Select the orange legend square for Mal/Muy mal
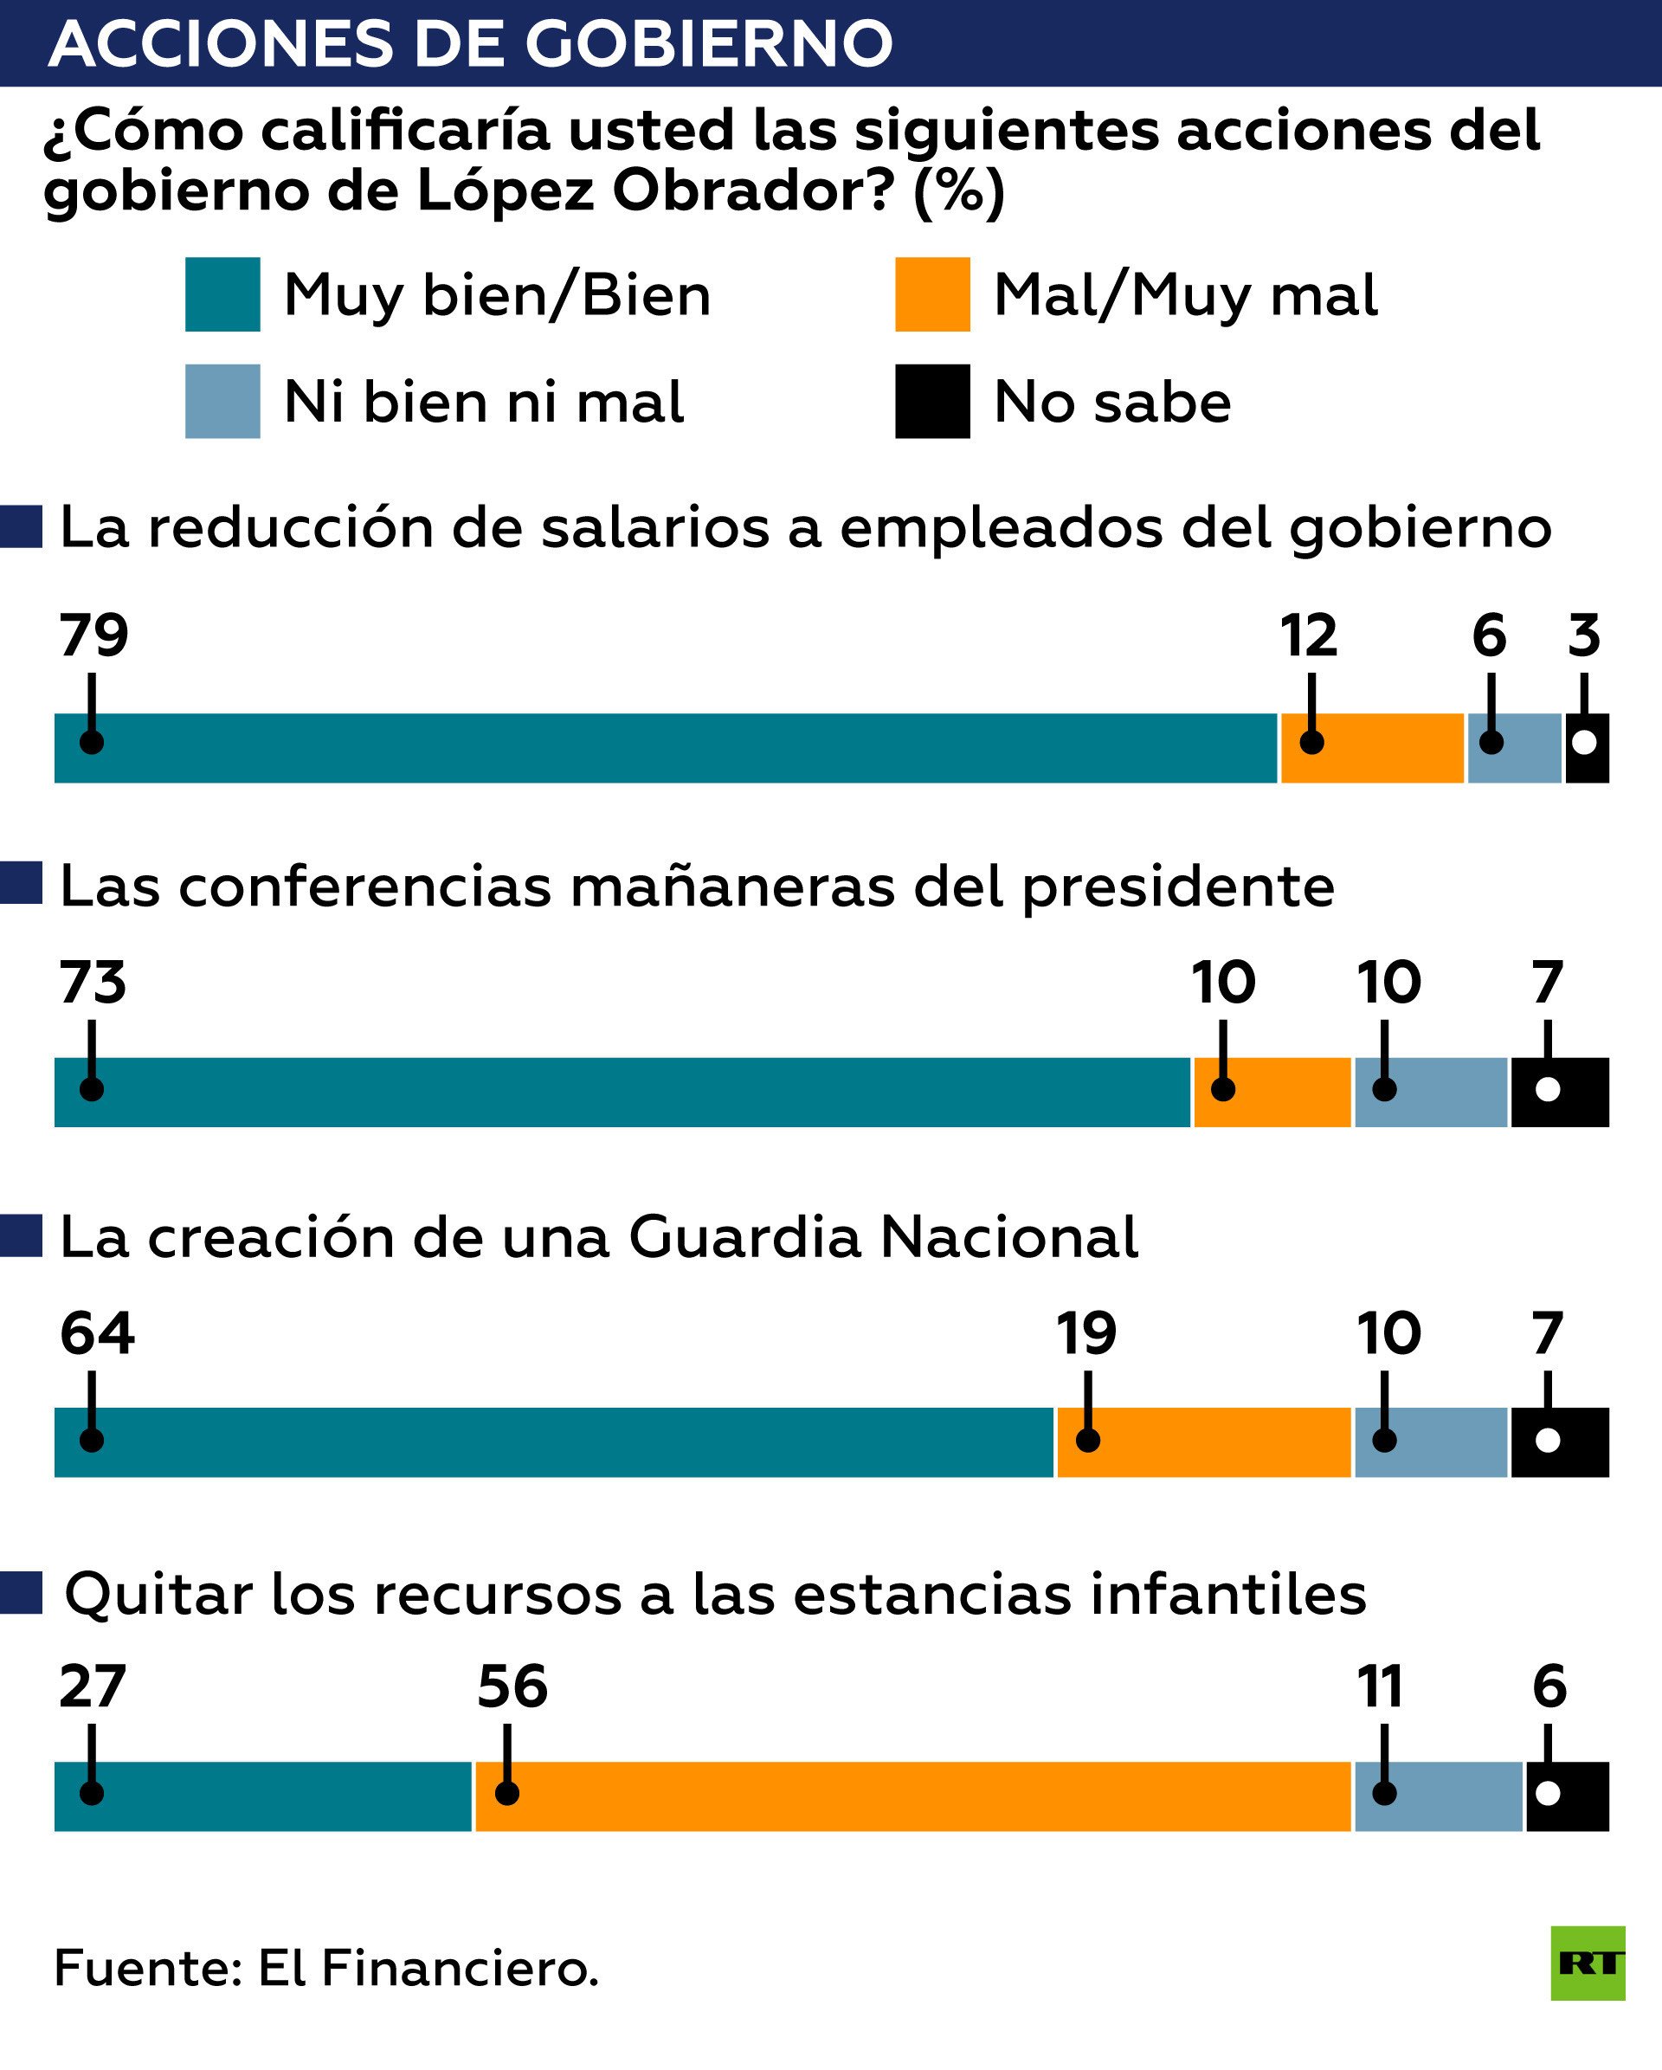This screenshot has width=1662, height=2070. pyautogui.click(x=931, y=293)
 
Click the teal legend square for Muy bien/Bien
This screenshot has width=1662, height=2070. pyautogui.click(x=222, y=293)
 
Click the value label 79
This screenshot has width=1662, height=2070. pyautogui.click(x=93, y=635)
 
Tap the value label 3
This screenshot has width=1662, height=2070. pyautogui.click(x=1583, y=635)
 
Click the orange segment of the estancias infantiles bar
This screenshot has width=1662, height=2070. pyautogui.click(x=912, y=1796)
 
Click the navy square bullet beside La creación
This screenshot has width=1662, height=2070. pyautogui.click(x=21, y=1235)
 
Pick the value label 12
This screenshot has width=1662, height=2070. pyautogui.click(x=1308, y=635)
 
